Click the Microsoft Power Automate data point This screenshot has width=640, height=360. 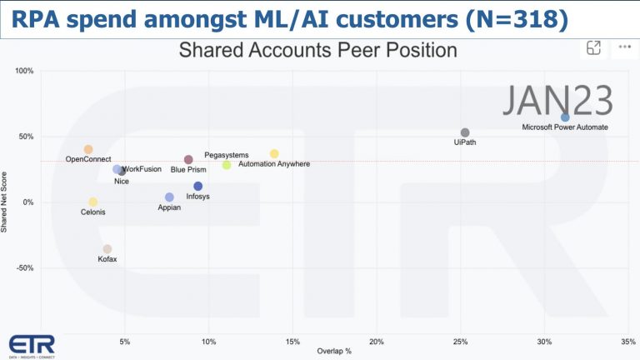565,117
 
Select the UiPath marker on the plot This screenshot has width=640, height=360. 465,132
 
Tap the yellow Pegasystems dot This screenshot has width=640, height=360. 274,154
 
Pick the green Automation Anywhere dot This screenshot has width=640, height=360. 227,165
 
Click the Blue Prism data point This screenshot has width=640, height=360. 188,159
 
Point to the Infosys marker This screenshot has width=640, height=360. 198,187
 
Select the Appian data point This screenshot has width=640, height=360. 169,197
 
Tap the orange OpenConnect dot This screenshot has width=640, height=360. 88,150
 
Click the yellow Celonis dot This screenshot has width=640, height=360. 93,202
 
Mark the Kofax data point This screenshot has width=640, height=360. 107,249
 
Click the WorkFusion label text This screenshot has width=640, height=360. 142,169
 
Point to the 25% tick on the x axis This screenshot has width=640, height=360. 460,342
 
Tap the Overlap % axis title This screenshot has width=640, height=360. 334,352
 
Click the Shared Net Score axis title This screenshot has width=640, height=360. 6,202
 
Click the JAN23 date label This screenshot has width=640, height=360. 557,101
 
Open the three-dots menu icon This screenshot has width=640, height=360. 621,47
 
